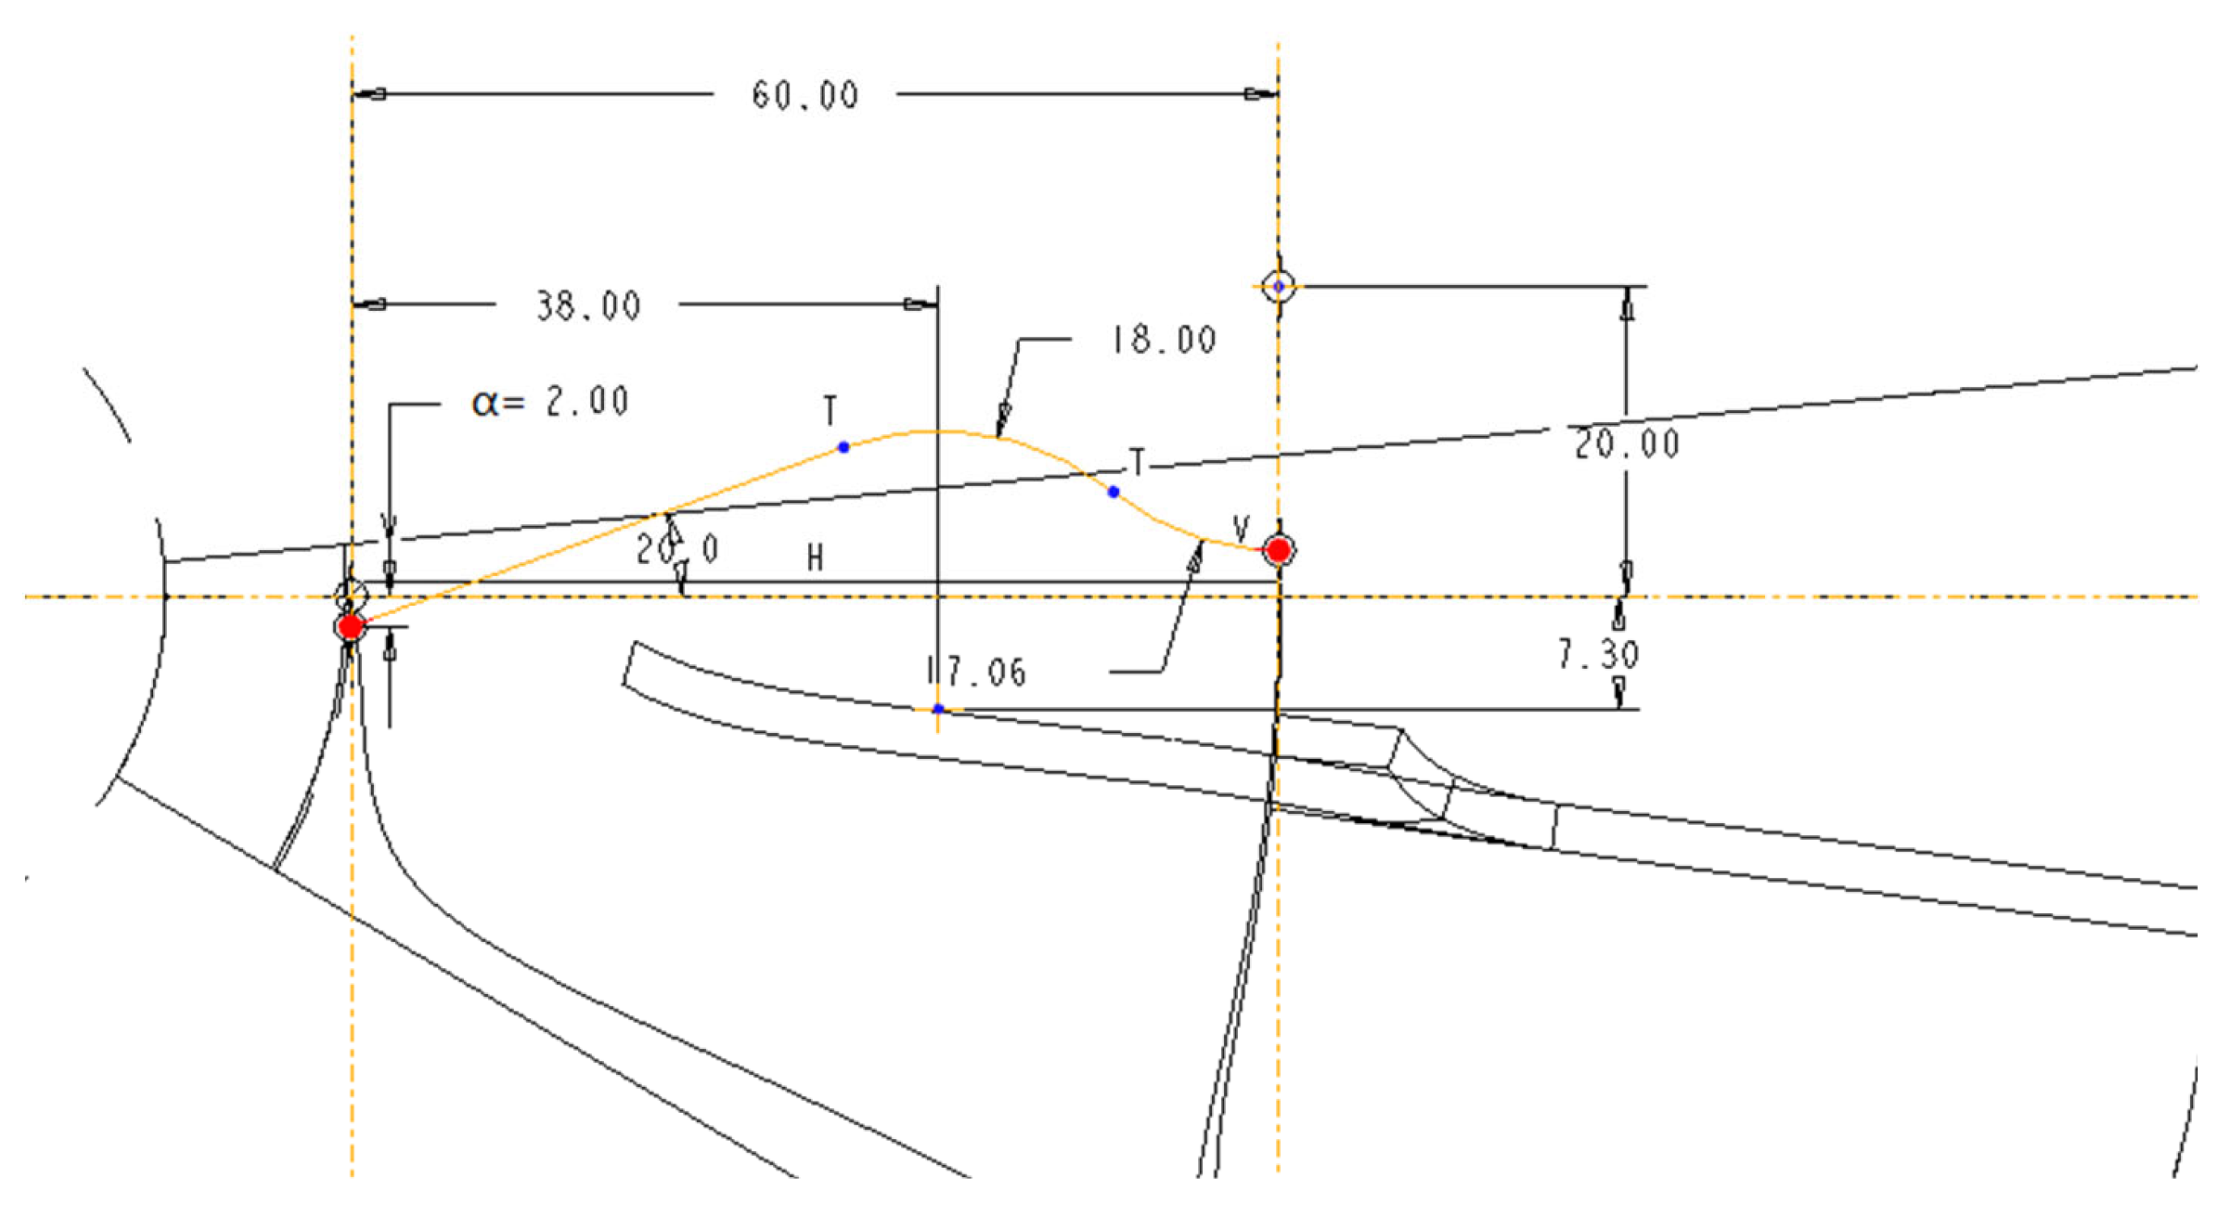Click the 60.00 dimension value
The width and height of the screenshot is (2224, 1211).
[x=804, y=95]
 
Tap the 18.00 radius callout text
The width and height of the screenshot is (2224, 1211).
[x=1163, y=339]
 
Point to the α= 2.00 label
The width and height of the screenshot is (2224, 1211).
[x=550, y=403]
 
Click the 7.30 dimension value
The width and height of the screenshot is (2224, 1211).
[x=1597, y=654]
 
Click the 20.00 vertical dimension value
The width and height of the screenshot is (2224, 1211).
[x=1627, y=445]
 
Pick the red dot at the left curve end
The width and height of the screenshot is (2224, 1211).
[x=350, y=627]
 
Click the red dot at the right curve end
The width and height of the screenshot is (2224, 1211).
[x=1278, y=549]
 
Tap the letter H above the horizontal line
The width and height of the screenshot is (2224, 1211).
[x=814, y=559]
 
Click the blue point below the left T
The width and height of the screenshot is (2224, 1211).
[x=844, y=447]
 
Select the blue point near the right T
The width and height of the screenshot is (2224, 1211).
[x=1113, y=493]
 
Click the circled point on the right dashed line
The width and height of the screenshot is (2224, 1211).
[x=1278, y=286]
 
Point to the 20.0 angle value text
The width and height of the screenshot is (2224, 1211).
[x=676, y=550]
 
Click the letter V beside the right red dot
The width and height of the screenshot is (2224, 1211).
[x=1240, y=528]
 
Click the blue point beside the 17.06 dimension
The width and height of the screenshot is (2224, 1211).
[x=938, y=709]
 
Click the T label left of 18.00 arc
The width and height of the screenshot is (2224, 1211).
[x=830, y=411]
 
